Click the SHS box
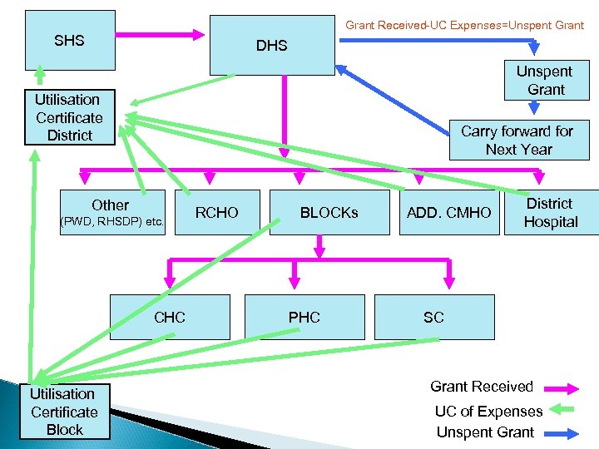[x=70, y=40]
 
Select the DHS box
[x=271, y=46]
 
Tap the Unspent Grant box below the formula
[x=545, y=81]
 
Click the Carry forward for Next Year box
[x=517, y=140]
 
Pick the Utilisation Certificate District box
[x=69, y=117]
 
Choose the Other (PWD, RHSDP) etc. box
[x=111, y=212]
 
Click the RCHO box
[x=216, y=213]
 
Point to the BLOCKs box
[x=329, y=213]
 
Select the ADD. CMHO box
[x=448, y=213]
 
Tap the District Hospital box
[x=550, y=213]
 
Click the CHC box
[x=170, y=317]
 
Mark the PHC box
[x=304, y=317]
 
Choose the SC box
[x=433, y=317]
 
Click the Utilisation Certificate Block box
[x=64, y=412]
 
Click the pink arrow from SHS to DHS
[x=162, y=35]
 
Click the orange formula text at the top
[x=464, y=25]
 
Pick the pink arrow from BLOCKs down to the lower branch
[x=319, y=246]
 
